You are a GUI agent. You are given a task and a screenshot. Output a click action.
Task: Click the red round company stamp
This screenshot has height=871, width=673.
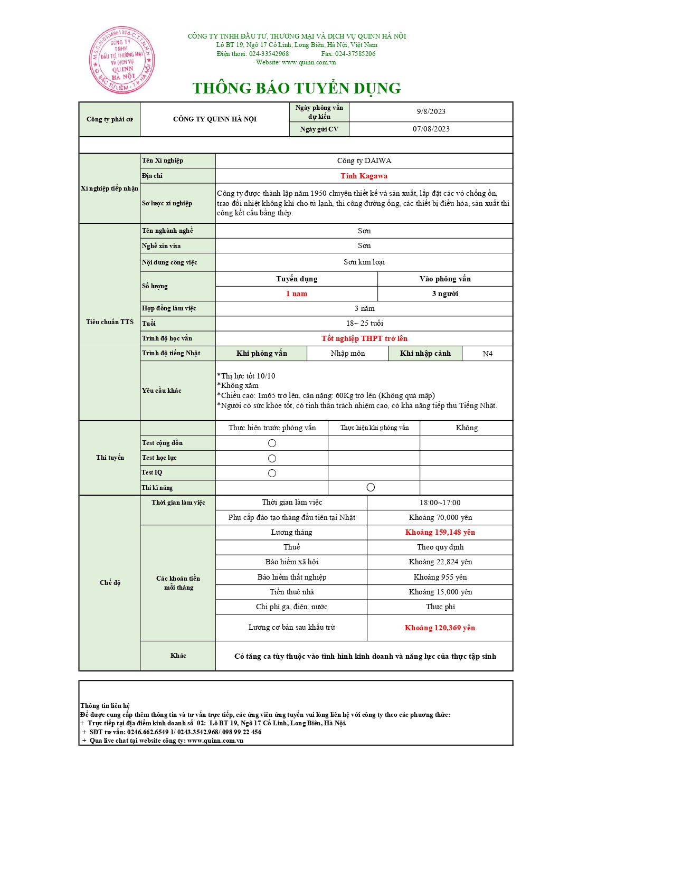[x=121, y=60]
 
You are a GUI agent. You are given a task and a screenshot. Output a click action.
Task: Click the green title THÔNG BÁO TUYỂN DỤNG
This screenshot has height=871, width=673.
[x=296, y=88]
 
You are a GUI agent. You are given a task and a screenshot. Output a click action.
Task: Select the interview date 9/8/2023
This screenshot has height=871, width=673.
[x=431, y=111]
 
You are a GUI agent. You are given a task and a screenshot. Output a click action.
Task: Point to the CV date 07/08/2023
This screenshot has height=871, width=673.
[x=431, y=129]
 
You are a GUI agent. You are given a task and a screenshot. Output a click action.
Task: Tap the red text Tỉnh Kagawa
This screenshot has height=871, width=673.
[x=364, y=176]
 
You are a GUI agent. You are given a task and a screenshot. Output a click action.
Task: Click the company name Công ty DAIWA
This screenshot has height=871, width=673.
[x=364, y=160]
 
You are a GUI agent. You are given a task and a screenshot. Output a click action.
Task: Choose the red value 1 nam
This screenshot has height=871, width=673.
[x=296, y=294]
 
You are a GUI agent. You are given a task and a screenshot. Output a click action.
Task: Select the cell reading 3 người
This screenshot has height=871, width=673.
[x=445, y=294]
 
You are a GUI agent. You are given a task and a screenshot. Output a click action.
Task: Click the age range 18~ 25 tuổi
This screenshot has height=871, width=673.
[x=364, y=323]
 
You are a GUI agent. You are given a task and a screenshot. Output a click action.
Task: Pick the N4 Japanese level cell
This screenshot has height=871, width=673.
[x=487, y=354]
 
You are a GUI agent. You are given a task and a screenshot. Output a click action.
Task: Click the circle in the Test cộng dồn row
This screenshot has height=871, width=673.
[x=272, y=443]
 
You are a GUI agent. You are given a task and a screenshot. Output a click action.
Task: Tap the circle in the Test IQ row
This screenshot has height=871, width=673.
[x=272, y=473]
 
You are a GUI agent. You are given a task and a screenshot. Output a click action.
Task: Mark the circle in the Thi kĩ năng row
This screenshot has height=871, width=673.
[x=371, y=487]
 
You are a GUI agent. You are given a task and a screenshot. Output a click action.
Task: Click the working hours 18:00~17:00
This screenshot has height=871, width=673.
[x=440, y=503]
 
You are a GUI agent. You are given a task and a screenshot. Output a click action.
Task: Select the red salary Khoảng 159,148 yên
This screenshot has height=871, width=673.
[x=440, y=532]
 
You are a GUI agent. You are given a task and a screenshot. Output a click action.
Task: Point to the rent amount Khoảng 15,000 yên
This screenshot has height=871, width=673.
[x=440, y=592]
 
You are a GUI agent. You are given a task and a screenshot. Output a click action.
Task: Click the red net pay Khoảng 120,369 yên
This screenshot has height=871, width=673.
[x=440, y=628]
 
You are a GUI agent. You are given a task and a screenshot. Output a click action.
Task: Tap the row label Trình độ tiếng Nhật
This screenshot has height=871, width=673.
[x=171, y=353]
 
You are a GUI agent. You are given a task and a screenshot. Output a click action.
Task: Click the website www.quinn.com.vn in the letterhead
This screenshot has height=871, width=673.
[x=308, y=62]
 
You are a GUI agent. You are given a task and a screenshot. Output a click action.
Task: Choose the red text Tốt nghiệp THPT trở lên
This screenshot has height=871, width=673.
[x=364, y=338]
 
